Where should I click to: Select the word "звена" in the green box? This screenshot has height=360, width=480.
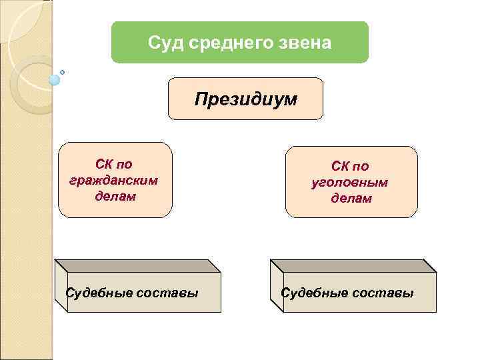pyautogui.click(x=306, y=43)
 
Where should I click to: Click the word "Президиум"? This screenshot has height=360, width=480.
pyautogui.click(x=245, y=99)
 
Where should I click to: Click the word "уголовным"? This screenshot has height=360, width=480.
pyautogui.click(x=350, y=182)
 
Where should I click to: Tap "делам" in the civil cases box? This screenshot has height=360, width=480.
pyautogui.click(x=115, y=197)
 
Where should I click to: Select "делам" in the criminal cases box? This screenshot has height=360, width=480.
pyautogui.click(x=351, y=199)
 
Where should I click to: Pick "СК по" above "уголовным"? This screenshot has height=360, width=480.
pyautogui.click(x=351, y=166)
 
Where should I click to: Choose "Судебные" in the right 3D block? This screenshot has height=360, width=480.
pyautogui.click(x=314, y=293)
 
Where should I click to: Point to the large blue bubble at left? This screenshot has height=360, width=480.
pyautogui.click(x=55, y=79)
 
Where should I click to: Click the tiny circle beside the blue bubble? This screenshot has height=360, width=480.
pyautogui.click(x=63, y=71)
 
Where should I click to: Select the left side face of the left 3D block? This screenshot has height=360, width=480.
pyautogui.click(x=61, y=285)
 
